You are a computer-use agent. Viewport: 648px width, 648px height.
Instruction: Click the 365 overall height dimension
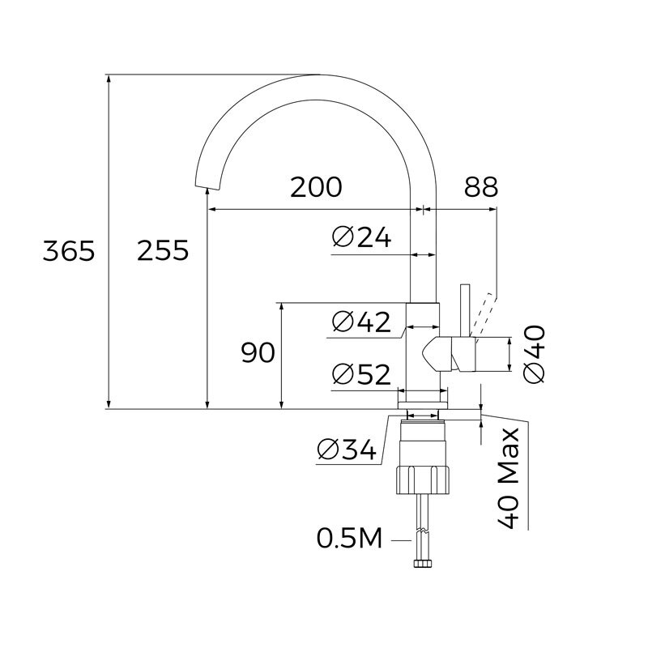(x=69, y=251)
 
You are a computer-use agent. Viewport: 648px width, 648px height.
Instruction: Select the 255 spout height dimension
(x=162, y=251)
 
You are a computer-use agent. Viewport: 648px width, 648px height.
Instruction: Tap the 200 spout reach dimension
(x=317, y=187)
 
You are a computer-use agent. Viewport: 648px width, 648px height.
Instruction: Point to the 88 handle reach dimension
(x=480, y=187)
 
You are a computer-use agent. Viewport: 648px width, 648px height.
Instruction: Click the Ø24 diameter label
(x=362, y=237)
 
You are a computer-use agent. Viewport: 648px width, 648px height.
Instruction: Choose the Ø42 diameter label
(x=362, y=322)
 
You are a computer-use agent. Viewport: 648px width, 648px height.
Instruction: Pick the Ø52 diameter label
(x=362, y=374)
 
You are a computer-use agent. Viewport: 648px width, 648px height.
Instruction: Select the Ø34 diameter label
(x=347, y=450)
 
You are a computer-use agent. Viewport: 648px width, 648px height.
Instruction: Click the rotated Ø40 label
(x=535, y=353)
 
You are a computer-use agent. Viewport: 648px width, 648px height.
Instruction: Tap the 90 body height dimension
(x=258, y=352)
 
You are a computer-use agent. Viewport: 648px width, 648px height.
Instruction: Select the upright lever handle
(x=466, y=311)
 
